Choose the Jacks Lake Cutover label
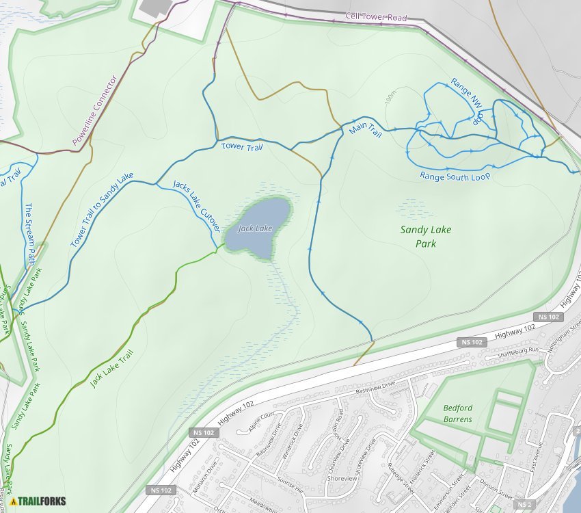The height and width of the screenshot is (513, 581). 197,205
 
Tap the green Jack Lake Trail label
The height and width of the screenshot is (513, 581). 111,369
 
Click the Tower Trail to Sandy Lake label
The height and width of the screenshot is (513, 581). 102,210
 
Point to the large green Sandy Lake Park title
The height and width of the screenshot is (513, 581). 426,237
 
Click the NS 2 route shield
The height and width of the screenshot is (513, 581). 525,505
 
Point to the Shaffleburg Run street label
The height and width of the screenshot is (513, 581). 512,351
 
